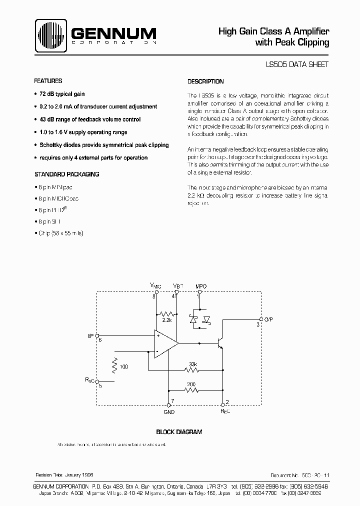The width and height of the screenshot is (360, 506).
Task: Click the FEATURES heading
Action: (x=48, y=81)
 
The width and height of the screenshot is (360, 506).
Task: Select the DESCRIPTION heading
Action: (x=205, y=81)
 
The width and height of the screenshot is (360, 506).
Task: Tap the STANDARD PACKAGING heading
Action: (x=66, y=174)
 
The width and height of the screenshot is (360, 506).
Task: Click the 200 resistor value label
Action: (x=191, y=384)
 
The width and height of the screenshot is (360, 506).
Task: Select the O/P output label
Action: (x=269, y=318)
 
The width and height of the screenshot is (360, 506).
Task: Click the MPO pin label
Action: (x=201, y=286)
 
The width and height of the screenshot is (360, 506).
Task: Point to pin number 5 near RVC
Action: (x=100, y=385)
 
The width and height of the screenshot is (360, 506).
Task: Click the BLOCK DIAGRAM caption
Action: (x=179, y=431)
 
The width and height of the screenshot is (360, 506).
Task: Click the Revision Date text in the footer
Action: (x=64, y=474)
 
